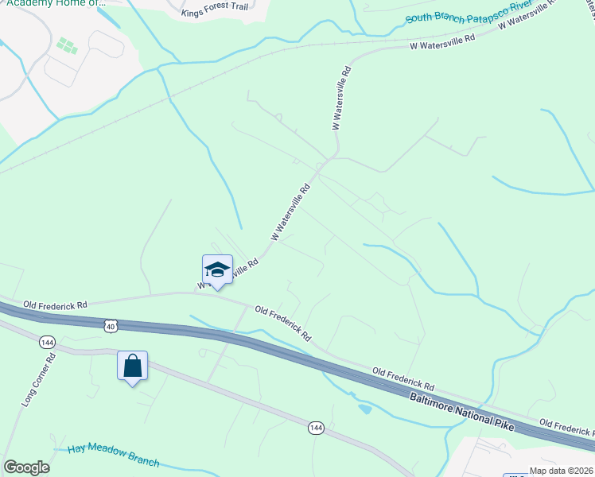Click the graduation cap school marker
point(217,270)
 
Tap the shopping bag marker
point(132,366)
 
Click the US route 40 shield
point(110,325)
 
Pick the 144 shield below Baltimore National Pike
point(316,428)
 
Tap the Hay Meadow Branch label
point(113,456)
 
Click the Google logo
point(26,467)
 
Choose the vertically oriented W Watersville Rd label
point(341,99)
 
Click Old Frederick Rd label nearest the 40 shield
point(56,304)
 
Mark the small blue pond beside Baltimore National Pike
point(364,409)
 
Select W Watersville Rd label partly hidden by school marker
point(239,270)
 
